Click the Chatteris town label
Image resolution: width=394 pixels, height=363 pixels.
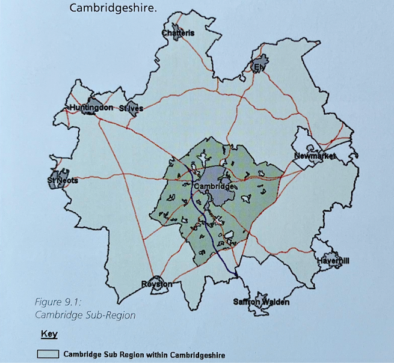pos(178,34)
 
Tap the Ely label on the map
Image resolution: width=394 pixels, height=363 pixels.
pos(259,67)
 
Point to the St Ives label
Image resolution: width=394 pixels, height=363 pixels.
pos(131,109)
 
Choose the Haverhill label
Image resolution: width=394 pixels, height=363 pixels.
pos(333,261)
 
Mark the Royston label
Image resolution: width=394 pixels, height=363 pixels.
pos(156,284)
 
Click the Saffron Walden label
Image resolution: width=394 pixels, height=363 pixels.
pos(261,302)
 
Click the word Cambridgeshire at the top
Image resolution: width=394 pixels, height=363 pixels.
pos(113,8)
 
